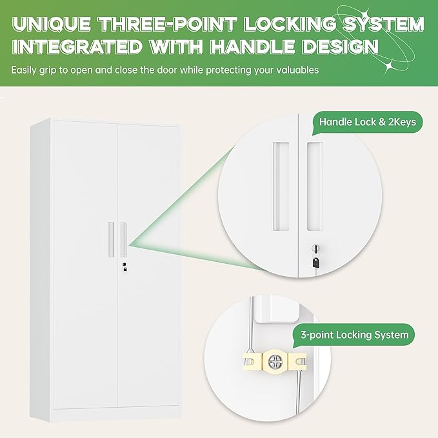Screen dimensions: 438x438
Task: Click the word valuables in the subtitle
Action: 296,70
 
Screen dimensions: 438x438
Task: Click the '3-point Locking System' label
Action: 355,335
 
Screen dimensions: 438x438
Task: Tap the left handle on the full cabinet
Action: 110,239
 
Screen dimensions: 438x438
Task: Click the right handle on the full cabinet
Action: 123,239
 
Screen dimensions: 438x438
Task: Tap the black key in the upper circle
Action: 315,261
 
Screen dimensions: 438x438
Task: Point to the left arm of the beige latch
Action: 251,361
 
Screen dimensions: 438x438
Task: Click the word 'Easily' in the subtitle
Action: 25,70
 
